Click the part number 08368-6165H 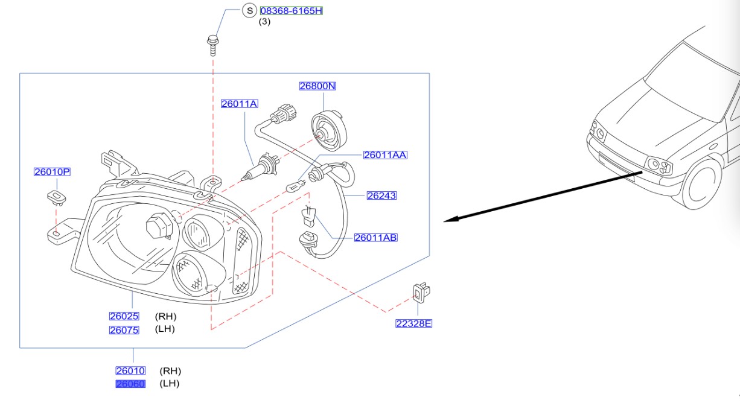click(x=291, y=11)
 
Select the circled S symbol click(x=249, y=10)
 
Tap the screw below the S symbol click(x=212, y=45)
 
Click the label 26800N click(x=317, y=86)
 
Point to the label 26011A click(x=239, y=104)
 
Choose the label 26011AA click(x=385, y=155)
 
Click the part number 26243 click(x=381, y=195)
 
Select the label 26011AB click(x=375, y=238)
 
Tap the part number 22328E click(x=414, y=324)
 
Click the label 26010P click(x=52, y=172)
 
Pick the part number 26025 click(x=124, y=316)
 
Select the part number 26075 click(x=124, y=330)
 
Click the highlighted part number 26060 click(x=130, y=384)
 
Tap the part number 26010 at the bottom click(x=130, y=371)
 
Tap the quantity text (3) click(x=265, y=22)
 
